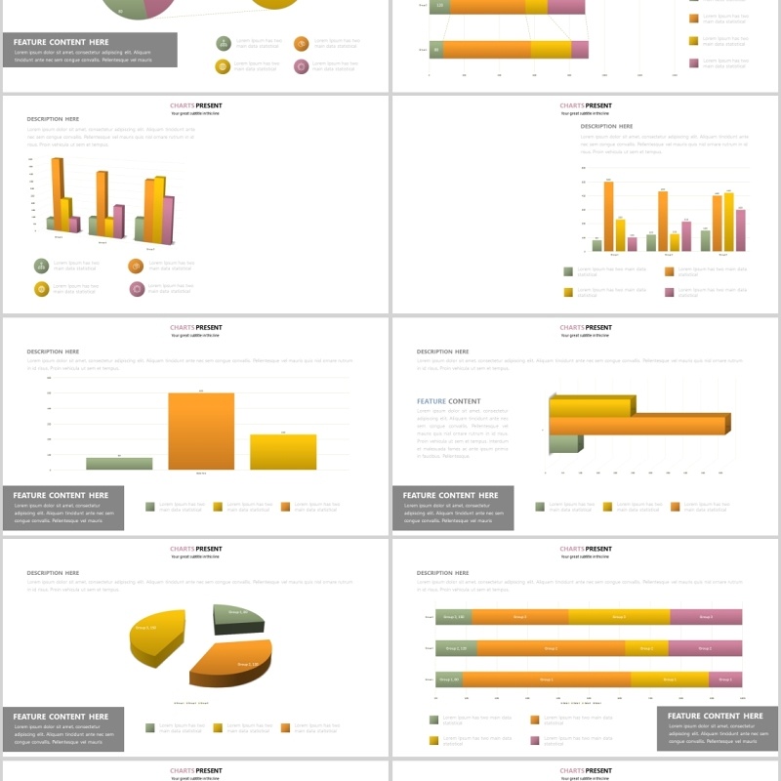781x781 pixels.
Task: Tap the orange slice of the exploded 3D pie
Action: coord(232,664)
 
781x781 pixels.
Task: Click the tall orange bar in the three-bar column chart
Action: coord(201,431)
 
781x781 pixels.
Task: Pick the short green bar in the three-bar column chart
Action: coord(119,464)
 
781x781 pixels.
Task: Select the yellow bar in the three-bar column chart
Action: coord(283,452)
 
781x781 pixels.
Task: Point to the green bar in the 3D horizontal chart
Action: coord(563,444)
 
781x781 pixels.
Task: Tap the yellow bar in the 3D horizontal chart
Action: coord(590,407)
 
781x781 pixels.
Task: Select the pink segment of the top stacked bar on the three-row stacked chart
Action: coord(706,617)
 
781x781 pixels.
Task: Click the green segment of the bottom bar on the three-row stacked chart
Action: coord(448,679)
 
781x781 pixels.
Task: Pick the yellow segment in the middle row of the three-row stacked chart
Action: coord(646,648)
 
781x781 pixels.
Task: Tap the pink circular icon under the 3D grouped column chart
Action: coord(137,289)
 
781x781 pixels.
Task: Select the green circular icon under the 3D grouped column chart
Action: coord(41,266)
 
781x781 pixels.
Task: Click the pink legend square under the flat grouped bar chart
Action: coord(670,292)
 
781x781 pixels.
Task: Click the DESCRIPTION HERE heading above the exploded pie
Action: coord(53,573)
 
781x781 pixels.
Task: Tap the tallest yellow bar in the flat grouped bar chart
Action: coord(728,222)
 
